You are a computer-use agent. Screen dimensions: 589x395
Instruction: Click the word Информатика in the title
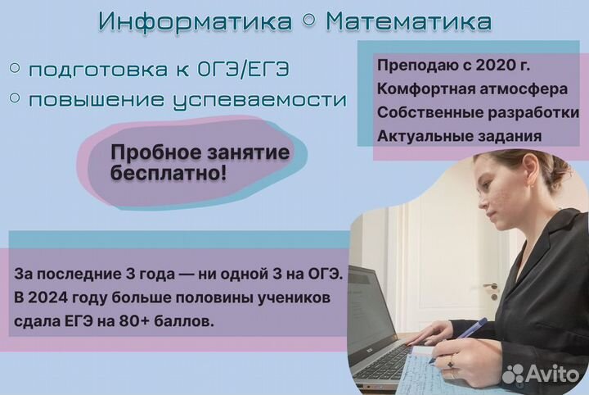[195, 21]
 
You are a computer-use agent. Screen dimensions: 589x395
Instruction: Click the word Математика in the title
[409, 21]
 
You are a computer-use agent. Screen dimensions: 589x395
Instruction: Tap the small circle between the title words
[308, 21]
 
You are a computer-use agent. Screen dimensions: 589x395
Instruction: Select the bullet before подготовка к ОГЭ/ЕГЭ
[15, 68]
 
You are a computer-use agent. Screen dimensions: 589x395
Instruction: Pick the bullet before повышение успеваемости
[15, 98]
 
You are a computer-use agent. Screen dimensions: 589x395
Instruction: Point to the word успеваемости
[260, 101]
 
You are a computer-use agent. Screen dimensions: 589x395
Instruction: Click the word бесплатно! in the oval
[169, 173]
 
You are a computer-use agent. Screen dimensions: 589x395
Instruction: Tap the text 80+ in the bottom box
[133, 321]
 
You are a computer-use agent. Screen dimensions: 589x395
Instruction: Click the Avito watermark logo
[541, 374]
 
